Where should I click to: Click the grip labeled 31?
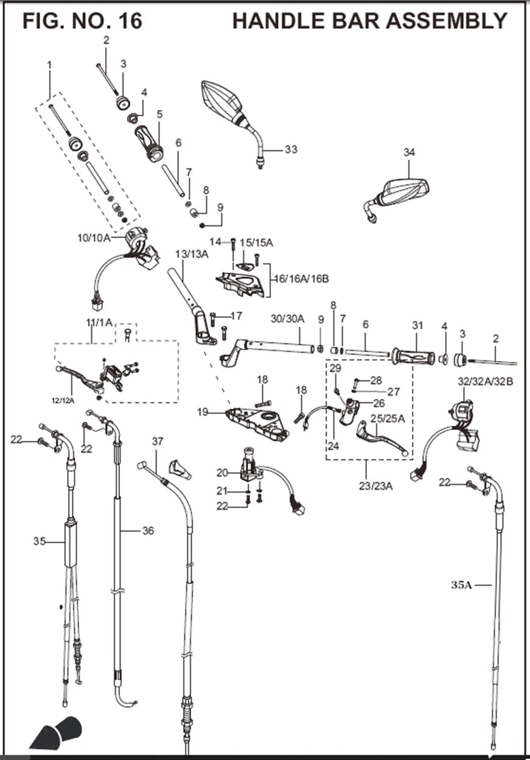click(x=413, y=356)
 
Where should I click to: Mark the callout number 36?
click(x=148, y=531)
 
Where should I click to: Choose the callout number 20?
click(x=222, y=473)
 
